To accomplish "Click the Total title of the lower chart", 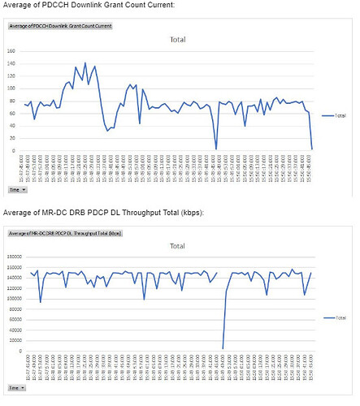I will pos(178,245).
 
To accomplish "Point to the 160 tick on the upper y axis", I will pos(11,50).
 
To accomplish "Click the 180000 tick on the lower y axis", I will pos(14,257).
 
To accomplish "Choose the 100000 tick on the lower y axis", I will pos(14,299).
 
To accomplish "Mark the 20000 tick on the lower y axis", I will pos(15,341).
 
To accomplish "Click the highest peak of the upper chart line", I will pos(85,63).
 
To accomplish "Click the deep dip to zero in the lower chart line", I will pos(223,348).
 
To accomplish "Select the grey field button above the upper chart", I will pos(59,26).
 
